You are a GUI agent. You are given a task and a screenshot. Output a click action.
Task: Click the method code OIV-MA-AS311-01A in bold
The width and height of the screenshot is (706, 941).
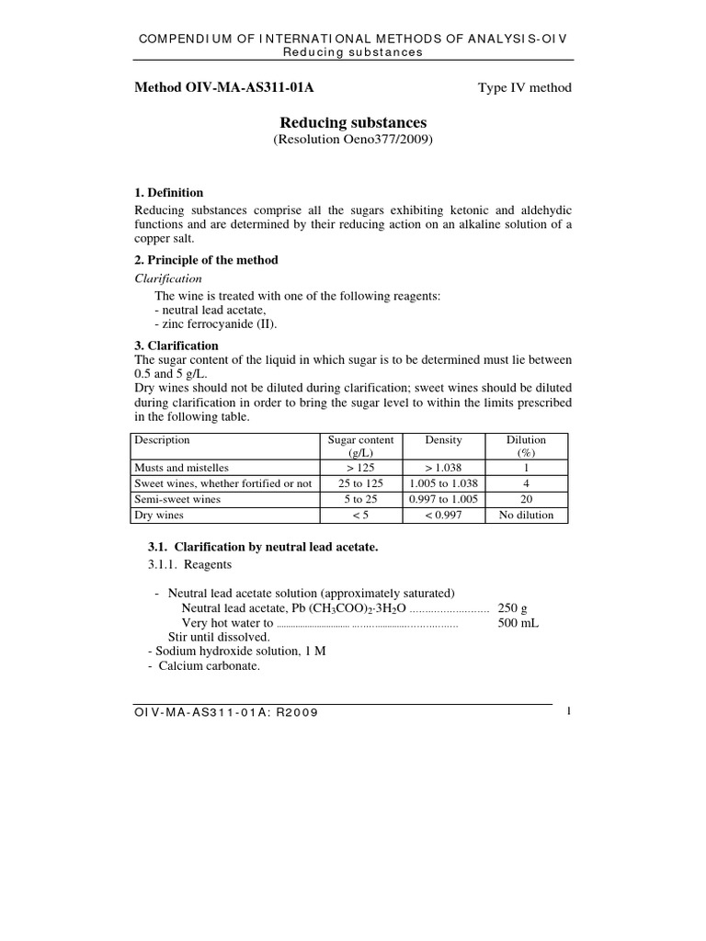click(230, 88)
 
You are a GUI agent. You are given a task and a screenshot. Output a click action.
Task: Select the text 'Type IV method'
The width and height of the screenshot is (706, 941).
click(524, 88)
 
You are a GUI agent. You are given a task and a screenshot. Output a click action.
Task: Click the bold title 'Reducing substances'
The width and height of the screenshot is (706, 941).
click(353, 122)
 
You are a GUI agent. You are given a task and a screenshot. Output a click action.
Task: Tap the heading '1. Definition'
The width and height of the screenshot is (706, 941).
click(169, 193)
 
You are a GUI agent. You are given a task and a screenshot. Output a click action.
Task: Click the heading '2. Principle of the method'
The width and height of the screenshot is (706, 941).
click(206, 260)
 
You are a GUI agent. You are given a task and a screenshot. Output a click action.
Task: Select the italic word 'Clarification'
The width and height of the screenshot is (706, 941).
click(168, 278)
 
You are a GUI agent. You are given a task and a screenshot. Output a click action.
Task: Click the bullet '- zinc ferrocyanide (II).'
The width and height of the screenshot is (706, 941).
click(215, 323)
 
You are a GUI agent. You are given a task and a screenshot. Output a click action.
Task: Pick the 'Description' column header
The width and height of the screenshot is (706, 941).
click(163, 440)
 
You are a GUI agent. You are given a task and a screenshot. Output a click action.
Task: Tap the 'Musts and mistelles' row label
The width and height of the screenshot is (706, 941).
click(181, 467)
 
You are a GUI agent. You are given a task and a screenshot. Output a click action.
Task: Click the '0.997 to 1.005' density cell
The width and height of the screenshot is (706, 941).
click(443, 499)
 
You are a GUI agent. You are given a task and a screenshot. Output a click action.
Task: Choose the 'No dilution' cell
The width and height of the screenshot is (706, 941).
click(526, 516)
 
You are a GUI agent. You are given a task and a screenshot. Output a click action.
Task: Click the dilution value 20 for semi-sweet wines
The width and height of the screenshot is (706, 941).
click(526, 499)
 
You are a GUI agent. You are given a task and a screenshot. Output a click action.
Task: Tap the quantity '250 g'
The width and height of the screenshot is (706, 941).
click(512, 607)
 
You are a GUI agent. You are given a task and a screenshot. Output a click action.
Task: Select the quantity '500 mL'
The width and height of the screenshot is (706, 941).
click(518, 622)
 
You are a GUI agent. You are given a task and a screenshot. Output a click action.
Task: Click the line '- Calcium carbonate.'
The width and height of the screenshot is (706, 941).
click(204, 666)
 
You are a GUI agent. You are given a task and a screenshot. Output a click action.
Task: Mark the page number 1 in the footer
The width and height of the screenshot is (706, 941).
click(570, 711)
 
